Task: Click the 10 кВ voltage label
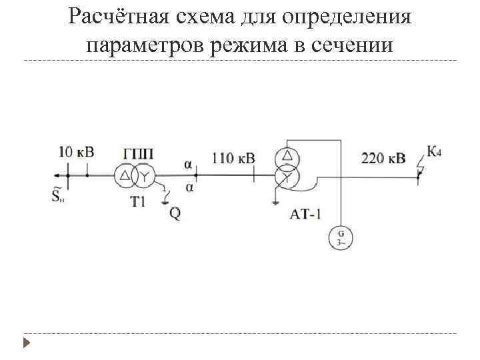tap(77, 152)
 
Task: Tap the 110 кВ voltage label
tap(233, 158)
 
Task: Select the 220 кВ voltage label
tap(383, 158)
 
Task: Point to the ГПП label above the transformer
tap(139, 154)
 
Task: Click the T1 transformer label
tap(138, 201)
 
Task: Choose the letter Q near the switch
tap(174, 213)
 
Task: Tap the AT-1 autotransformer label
tap(306, 214)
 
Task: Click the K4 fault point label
tap(434, 152)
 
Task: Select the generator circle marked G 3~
tap(341, 238)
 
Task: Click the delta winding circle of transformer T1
tap(125, 176)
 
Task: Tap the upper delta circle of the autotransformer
tap(287, 157)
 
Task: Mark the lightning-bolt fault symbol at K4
tap(419, 169)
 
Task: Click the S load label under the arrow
tap(59, 195)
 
